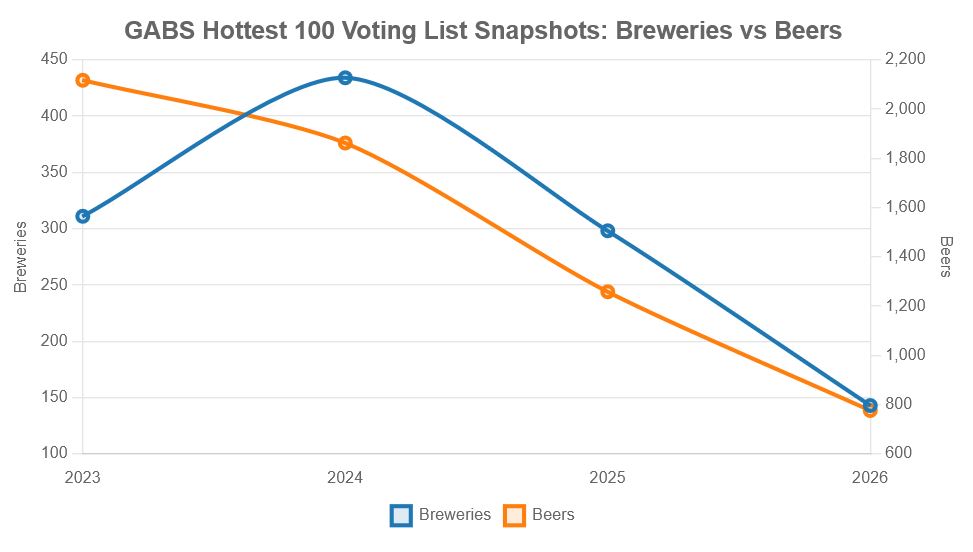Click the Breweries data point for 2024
point(345,78)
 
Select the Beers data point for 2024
point(345,143)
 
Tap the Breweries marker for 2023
point(83,216)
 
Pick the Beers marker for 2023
point(83,80)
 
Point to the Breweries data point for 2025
point(607,231)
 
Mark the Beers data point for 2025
point(607,292)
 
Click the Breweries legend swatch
point(401,515)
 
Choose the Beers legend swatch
point(514,515)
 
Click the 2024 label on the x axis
point(345,478)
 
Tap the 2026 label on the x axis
point(869,478)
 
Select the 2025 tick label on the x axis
point(607,478)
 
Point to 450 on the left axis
point(54,59)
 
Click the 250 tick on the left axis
point(54,285)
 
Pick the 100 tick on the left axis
point(54,454)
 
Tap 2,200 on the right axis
point(906,59)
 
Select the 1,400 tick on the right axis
point(906,256)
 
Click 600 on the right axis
point(898,454)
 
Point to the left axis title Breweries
point(21,257)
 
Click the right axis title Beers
point(946,257)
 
